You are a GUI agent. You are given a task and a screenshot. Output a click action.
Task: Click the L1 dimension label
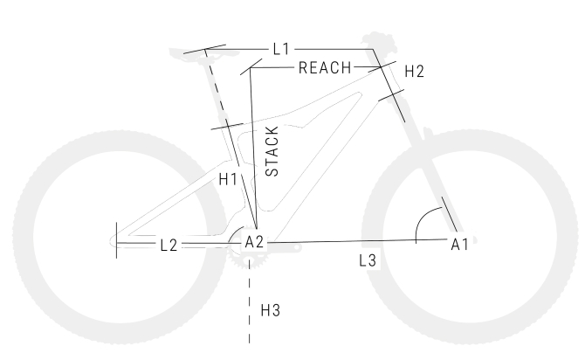[x=281, y=49]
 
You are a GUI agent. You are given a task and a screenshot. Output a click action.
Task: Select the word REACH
[x=325, y=68]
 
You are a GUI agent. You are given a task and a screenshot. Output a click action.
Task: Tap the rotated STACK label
[x=272, y=151]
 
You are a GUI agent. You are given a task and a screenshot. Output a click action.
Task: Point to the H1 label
[x=228, y=179]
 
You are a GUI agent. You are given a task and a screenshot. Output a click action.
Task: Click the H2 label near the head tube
[x=414, y=71]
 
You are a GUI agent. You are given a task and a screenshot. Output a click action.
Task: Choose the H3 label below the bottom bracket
[x=270, y=310]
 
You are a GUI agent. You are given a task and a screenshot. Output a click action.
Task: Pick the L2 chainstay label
[x=169, y=246]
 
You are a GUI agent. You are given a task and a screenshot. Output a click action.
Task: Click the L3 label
[x=368, y=260]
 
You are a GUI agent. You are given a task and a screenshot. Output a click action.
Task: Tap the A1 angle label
[x=459, y=245]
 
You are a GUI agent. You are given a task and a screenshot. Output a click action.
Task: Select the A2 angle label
[x=254, y=242]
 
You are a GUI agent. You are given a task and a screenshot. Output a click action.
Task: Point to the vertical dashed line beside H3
[x=249, y=301]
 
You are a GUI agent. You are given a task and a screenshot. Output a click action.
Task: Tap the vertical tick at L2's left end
[x=117, y=240]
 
